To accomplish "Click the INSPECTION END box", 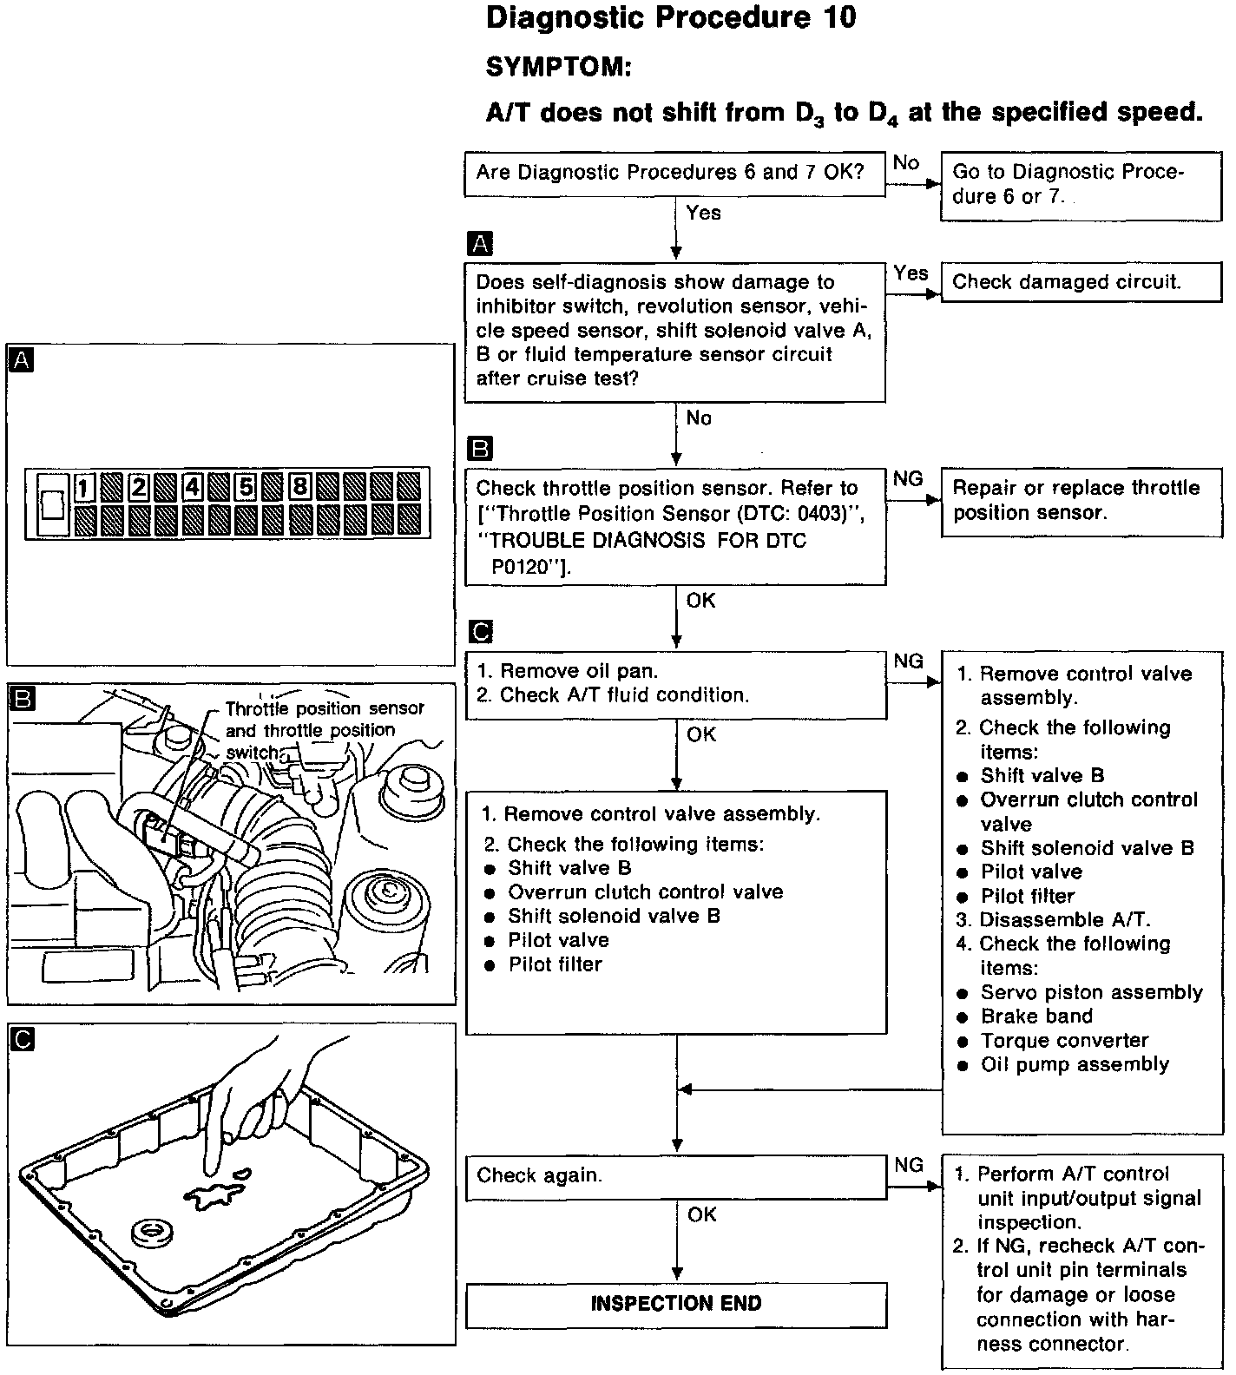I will click(676, 1304).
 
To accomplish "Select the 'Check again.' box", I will click(676, 1176).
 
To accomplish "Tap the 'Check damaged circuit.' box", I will click(1081, 282).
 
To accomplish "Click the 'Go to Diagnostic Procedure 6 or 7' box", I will click(1081, 184).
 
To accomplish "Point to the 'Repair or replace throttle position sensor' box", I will click(1081, 501).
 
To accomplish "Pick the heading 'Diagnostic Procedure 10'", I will click(671, 18).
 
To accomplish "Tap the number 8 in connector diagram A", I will click(299, 486).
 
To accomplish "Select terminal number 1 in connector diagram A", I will click(84, 488).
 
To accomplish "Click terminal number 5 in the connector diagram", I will click(247, 487).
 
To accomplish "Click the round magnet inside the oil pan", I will click(154, 1232).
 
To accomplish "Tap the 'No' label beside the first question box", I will click(905, 163).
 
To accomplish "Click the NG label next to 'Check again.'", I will click(908, 1165).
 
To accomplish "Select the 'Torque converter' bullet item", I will click(1064, 1041).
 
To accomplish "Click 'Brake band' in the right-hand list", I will click(1036, 1016).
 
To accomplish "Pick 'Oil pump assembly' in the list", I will click(1075, 1065).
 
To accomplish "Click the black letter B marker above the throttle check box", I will click(479, 449).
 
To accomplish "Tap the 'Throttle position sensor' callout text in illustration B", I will click(325, 709).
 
